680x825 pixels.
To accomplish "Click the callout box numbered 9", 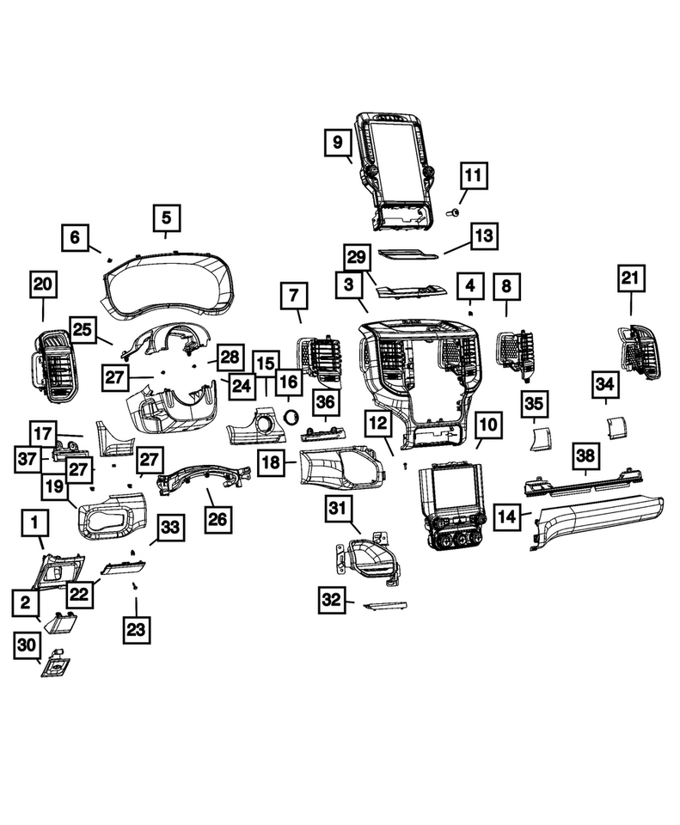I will coord(337,140).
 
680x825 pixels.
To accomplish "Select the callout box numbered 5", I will coord(167,217).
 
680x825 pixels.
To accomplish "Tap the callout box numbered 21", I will coord(631,278).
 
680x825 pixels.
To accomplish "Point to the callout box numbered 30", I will coord(28,647).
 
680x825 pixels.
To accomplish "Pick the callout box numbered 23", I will coord(136,628).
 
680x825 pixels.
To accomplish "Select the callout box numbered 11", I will coord(472,176).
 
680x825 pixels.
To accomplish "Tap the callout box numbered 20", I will coord(43,283).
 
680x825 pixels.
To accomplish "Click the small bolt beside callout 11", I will coord(455,210).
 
